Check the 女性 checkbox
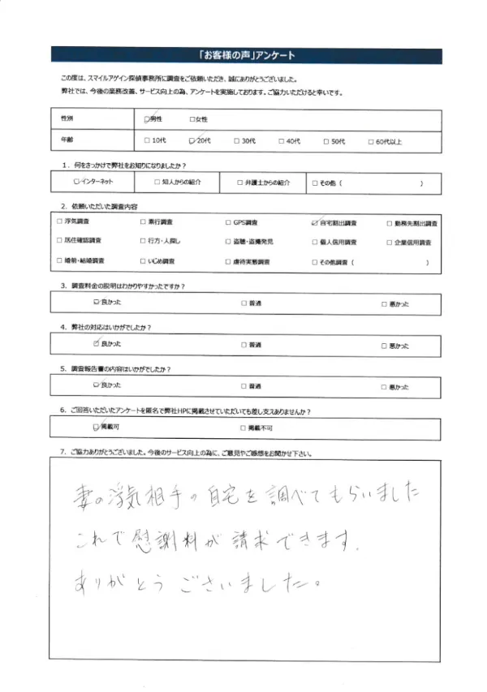pyautogui.click(x=191, y=119)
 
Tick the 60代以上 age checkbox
pyautogui.click(x=370, y=141)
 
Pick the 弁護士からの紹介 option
pyautogui.click(x=239, y=183)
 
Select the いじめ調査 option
pyautogui.click(x=144, y=262)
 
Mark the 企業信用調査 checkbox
pyautogui.click(x=388, y=242)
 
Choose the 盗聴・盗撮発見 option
pyautogui.click(x=228, y=242)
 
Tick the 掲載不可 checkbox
pyautogui.click(x=242, y=425)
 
